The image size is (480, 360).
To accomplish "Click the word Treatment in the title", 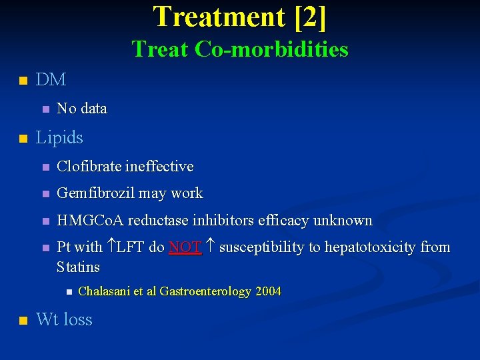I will (x=219, y=17).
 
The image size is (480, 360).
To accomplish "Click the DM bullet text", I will (x=51, y=79).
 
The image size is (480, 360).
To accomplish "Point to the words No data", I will (x=82, y=108).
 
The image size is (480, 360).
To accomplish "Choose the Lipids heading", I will (x=59, y=137).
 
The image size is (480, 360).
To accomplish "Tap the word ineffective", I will (x=160, y=166).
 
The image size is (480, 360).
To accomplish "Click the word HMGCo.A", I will (x=90, y=220).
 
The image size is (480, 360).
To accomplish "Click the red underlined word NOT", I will (x=185, y=247).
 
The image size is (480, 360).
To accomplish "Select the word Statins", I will (x=79, y=267).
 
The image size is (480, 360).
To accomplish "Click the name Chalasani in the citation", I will (x=105, y=291).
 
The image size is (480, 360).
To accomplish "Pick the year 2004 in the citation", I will (x=268, y=291).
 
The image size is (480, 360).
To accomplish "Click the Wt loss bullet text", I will (x=64, y=319).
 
